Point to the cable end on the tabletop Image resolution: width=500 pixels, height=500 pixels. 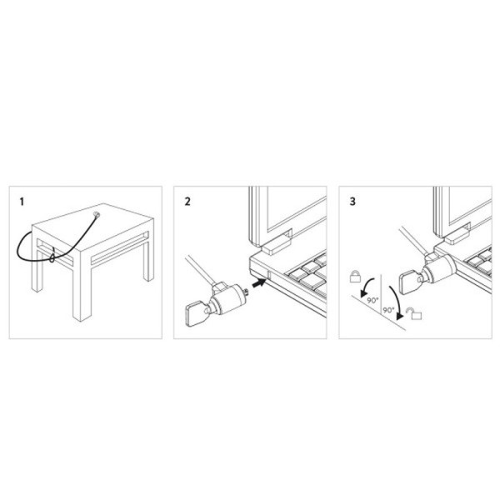pos(97,216)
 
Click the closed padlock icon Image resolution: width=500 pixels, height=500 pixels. pos(355,273)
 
